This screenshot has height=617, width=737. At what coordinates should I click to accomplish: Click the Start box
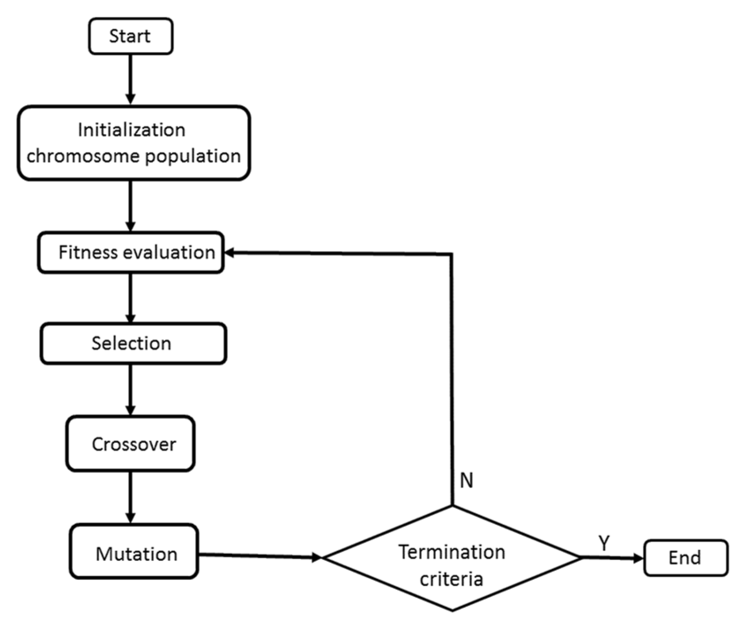point(130,36)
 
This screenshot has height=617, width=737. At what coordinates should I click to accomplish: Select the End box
point(685,558)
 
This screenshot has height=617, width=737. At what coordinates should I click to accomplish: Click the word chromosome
point(83,156)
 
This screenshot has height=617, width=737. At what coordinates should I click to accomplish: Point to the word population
point(193,156)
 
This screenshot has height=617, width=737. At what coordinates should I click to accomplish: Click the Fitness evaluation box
point(131,252)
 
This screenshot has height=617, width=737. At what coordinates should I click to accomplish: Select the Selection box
point(133,343)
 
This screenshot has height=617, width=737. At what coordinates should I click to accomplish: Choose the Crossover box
point(130,444)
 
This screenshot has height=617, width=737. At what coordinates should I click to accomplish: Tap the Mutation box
point(134,555)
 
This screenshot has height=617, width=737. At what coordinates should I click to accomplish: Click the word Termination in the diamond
point(452,552)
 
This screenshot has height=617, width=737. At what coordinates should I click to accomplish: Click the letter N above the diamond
point(466,480)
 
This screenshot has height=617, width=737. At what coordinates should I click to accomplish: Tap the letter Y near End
point(604,543)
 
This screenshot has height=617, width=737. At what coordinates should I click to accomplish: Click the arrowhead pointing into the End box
point(638,558)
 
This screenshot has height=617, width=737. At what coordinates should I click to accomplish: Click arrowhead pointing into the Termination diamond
point(316,557)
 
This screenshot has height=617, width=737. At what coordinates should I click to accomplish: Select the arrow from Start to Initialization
point(130,79)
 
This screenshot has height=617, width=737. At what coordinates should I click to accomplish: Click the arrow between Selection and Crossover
point(130,389)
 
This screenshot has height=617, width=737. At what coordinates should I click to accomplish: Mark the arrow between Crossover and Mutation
point(130,497)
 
